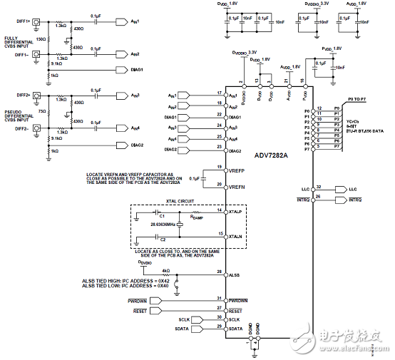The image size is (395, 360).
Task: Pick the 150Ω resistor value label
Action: [41, 38]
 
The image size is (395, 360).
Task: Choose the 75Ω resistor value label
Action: [42, 112]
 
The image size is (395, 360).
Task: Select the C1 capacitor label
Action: [162, 215]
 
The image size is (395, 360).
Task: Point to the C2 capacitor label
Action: [162, 239]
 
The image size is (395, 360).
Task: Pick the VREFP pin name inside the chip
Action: [237, 172]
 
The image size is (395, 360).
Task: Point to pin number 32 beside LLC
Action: [319, 187]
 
